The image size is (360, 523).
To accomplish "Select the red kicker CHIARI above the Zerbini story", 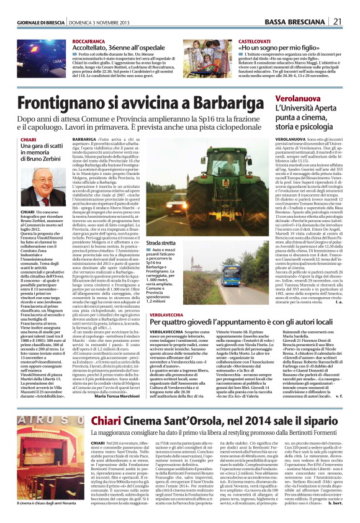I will point(29,140).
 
